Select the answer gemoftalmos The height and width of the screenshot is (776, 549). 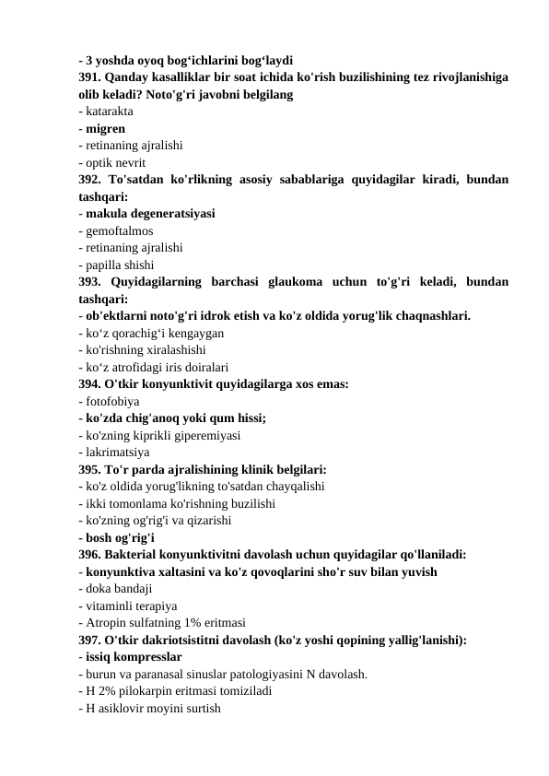pyautogui.click(x=119, y=230)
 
